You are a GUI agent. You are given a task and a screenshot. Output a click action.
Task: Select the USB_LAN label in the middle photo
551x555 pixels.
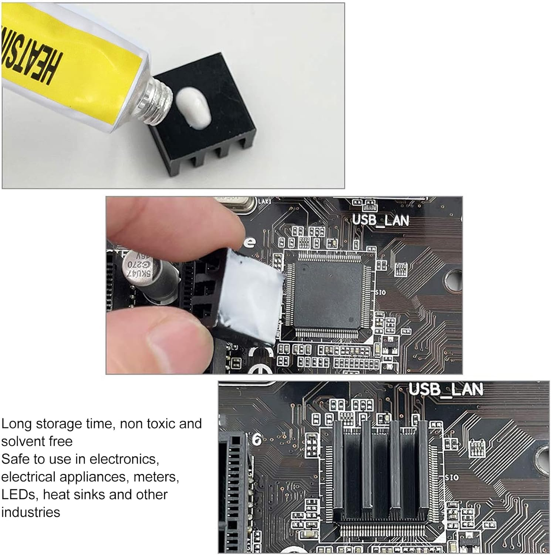[381, 220]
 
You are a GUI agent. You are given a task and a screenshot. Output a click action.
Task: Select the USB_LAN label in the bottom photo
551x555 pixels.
[446, 390]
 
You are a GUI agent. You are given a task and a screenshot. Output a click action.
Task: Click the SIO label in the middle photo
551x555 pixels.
[381, 293]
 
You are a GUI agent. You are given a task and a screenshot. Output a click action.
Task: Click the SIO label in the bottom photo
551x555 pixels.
[452, 478]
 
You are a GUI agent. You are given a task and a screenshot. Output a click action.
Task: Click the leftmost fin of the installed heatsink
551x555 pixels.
[338, 466]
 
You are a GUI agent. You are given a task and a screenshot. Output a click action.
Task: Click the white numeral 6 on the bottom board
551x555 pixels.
[257, 440]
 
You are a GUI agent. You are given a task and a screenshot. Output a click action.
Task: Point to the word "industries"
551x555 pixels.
[31, 512]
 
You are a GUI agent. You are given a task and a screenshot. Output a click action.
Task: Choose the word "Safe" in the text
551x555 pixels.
[15, 459]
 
